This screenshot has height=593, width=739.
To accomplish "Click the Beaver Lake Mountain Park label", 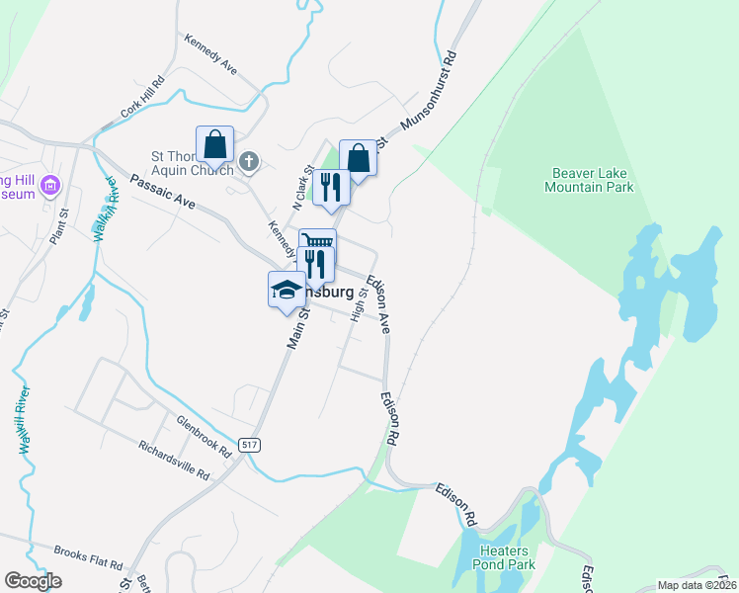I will [591, 179].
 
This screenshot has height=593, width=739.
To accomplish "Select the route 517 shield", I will [249, 446].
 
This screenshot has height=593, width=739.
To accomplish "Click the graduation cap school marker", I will [287, 290].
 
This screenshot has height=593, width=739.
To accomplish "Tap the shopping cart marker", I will [317, 243].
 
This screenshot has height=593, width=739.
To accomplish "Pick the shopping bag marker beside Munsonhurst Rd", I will [358, 158].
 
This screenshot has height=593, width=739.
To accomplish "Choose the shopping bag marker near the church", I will [214, 145].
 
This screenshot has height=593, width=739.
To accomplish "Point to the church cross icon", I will [250, 160].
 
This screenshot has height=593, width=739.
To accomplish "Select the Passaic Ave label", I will [163, 192].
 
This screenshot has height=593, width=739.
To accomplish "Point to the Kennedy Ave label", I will [210, 54].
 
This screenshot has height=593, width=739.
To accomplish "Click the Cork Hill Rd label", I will [142, 96].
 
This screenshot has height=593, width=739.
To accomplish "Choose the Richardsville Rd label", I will [174, 460].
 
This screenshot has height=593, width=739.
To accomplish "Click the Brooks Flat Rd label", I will [88, 557].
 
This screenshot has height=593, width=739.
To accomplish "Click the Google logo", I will [33, 581].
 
